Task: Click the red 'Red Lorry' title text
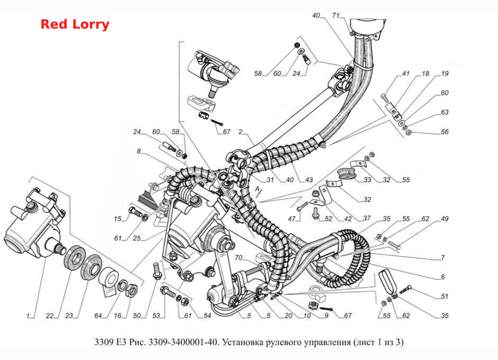click(75, 24)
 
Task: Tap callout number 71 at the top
click(336, 15)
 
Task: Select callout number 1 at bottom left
click(28, 316)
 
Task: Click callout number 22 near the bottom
click(50, 316)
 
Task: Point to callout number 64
click(98, 316)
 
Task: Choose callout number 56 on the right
click(445, 131)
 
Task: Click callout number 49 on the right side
click(445, 219)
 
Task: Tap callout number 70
click(239, 257)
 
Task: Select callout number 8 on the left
click(139, 151)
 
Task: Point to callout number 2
click(240, 131)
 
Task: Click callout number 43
click(309, 180)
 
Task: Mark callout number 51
click(445, 296)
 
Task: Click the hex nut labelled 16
click(131, 290)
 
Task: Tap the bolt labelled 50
click(157, 270)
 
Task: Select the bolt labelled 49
click(394, 245)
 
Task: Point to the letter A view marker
click(257, 190)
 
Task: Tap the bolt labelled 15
click(135, 211)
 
